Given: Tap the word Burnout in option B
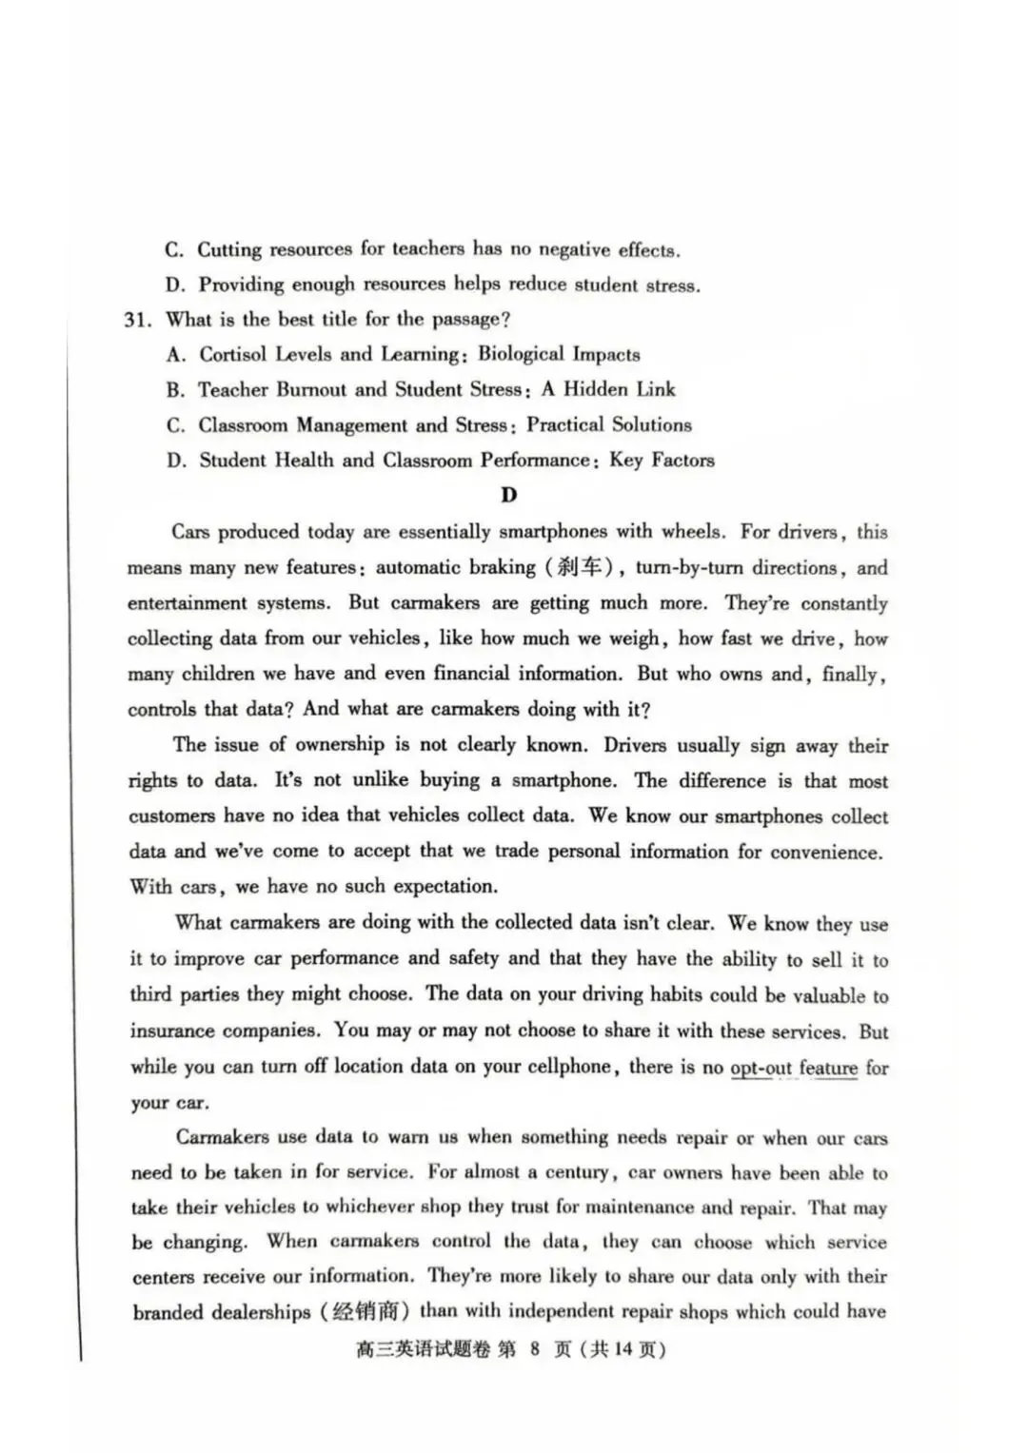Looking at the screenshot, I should pos(312,390).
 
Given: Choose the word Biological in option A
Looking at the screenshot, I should pos(521,355).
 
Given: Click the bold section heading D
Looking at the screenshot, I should pos(509,495).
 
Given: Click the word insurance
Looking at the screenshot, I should pos(171,1031).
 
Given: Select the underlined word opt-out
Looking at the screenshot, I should pos(761,1068).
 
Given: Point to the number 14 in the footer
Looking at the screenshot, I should pos(623,1349).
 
